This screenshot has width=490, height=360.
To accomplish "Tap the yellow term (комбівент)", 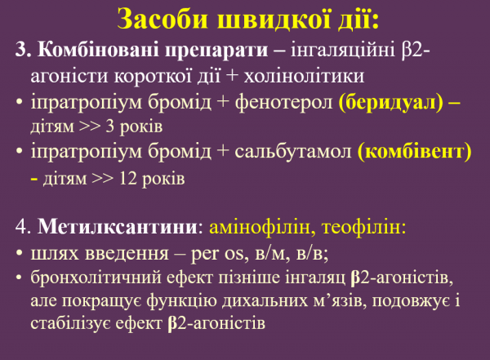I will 416,153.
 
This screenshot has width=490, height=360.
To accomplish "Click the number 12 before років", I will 130,178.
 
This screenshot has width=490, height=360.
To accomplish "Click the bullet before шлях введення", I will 19,251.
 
